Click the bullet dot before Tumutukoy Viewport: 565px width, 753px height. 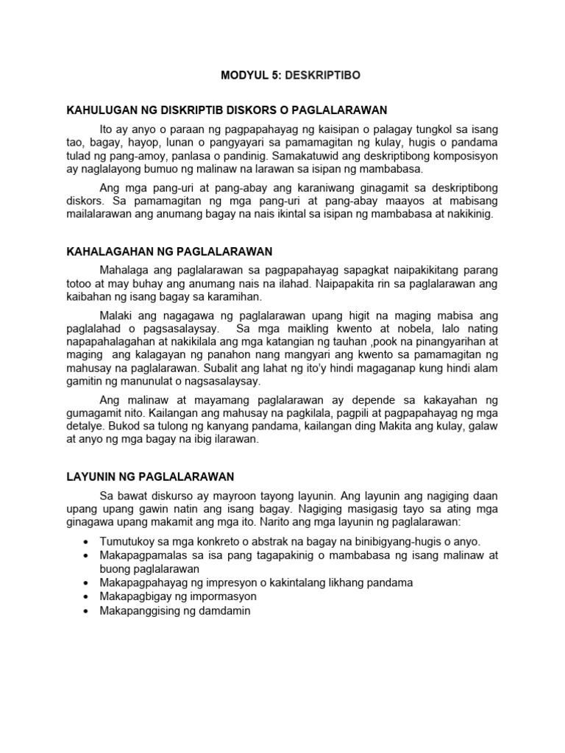tap(88, 541)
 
